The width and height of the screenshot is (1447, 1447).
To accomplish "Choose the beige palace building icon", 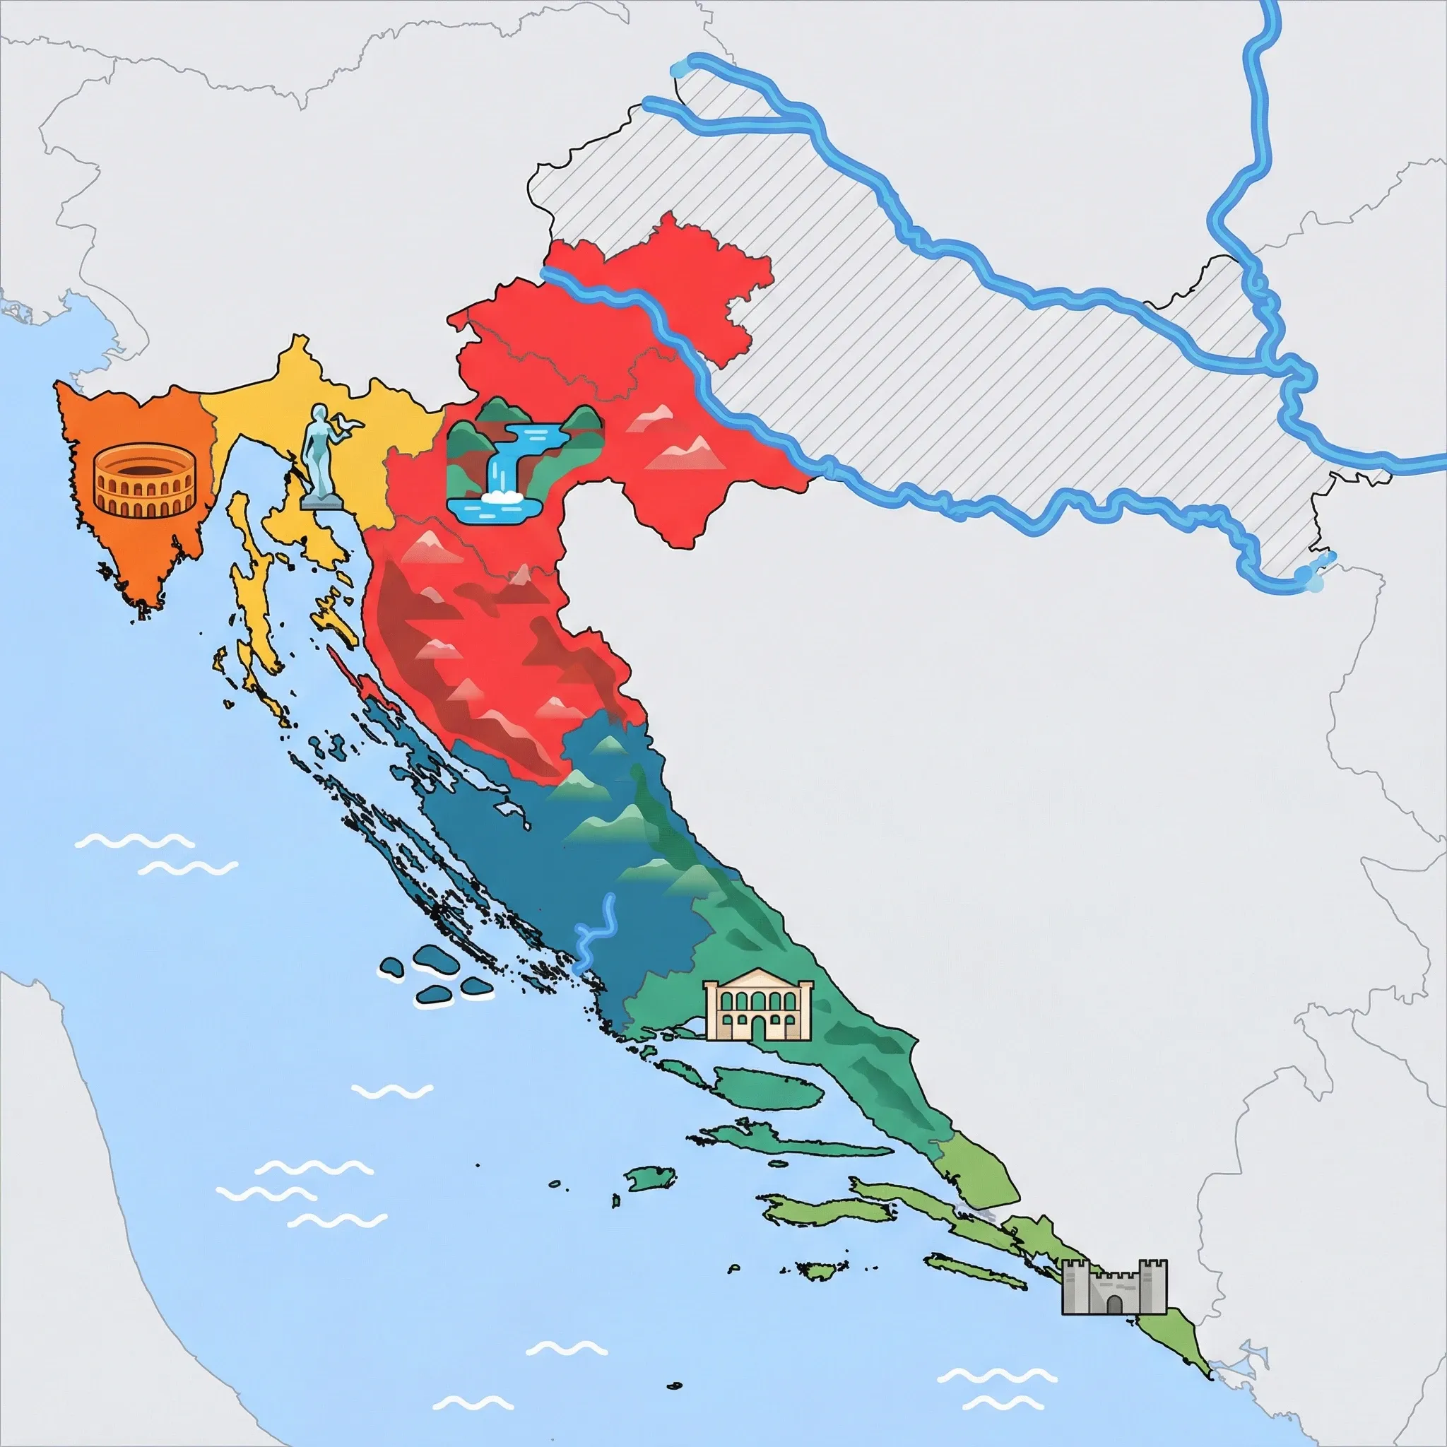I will coord(758,1005).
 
